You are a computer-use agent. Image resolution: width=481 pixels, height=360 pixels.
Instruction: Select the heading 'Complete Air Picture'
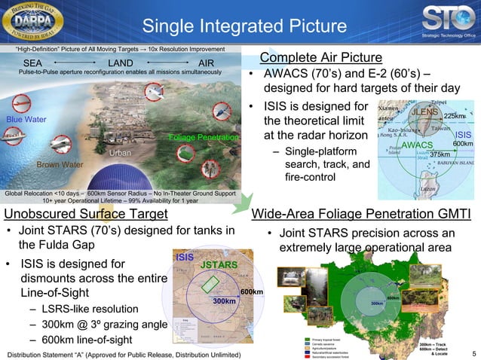tap(320, 59)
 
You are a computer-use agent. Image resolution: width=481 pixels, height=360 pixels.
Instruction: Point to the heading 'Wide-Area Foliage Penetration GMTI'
tap(361, 214)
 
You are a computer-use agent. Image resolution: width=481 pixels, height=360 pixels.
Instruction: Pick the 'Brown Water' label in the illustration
tap(60, 164)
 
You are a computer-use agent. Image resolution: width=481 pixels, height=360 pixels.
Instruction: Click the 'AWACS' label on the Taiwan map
tap(416, 144)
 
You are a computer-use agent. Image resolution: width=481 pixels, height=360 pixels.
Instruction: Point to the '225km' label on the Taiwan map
tap(455, 116)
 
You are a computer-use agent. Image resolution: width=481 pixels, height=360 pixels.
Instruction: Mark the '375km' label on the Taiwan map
tap(440, 154)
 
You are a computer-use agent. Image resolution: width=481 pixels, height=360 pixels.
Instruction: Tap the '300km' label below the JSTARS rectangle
tap(224, 301)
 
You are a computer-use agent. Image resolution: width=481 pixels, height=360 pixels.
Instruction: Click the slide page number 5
tap(473, 353)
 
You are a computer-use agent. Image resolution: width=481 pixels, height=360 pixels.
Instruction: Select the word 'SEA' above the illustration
tap(33, 62)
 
